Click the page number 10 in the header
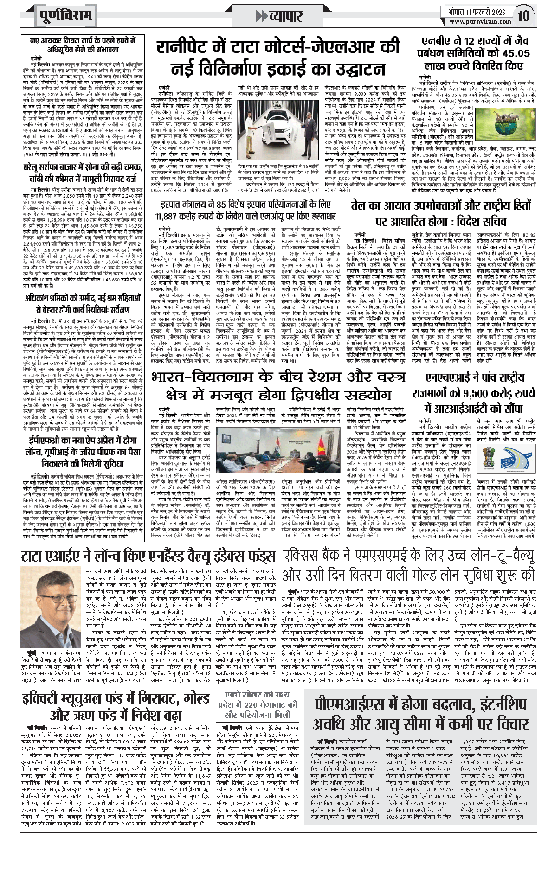[x=523, y=16]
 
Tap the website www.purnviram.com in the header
[x=480, y=21]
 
